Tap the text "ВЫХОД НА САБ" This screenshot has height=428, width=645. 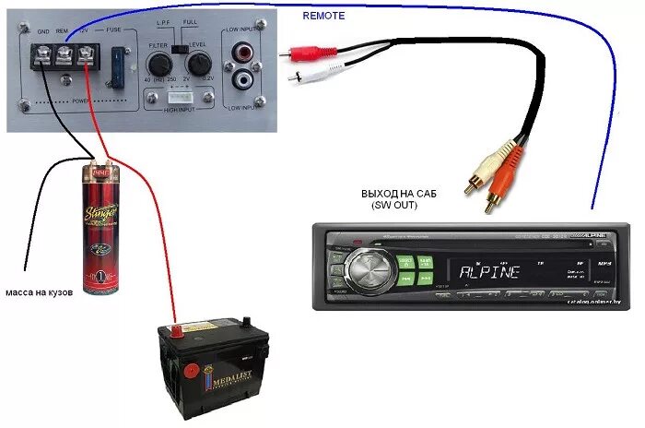399,196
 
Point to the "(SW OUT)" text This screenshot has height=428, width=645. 397,208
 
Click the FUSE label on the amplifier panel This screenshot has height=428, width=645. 113,30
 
